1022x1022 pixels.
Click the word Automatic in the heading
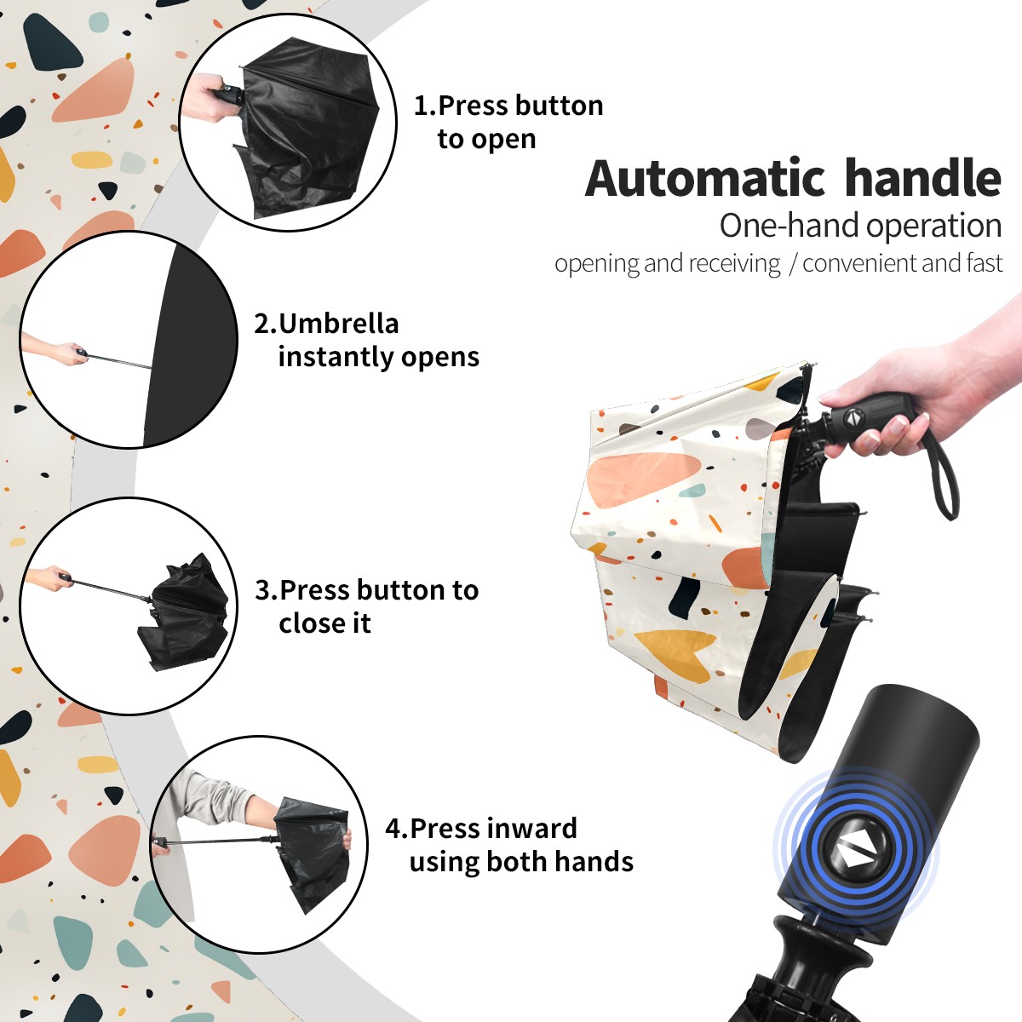tap(705, 179)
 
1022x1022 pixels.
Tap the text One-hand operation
tap(860, 227)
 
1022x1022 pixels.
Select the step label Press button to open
tap(508, 122)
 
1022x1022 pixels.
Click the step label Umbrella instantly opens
tap(366, 340)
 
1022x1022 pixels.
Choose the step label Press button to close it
tap(366, 606)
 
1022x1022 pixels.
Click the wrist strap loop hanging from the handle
tap(943, 477)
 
